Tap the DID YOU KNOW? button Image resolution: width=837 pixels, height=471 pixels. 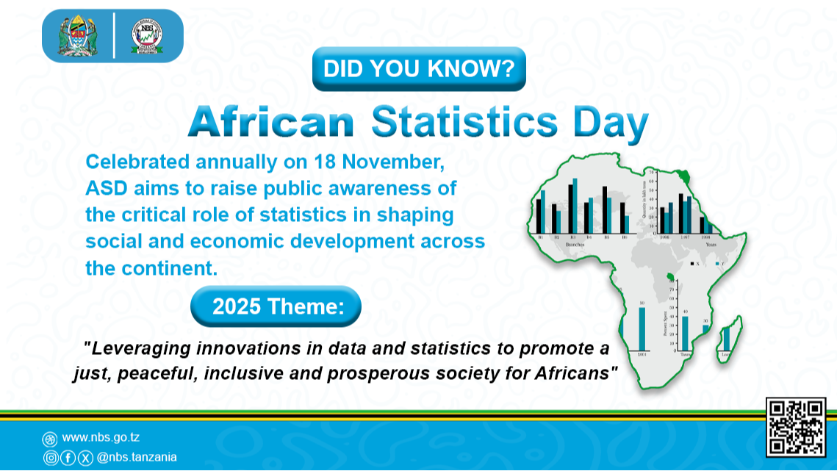coord(419,69)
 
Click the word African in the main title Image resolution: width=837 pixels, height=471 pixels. coord(271,123)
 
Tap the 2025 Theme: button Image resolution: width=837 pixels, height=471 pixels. coord(276,306)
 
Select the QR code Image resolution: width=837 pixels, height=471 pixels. coord(796,427)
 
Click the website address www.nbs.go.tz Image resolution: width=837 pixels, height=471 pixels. coord(101,438)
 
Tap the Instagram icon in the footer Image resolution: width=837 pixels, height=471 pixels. coord(50,458)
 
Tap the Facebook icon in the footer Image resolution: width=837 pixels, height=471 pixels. coord(68,458)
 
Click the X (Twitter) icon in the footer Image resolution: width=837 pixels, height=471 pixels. coord(85,458)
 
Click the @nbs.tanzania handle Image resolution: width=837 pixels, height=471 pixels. coord(137,457)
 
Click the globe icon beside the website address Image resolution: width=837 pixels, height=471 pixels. coord(50,439)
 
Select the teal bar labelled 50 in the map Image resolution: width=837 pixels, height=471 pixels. coord(642,328)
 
